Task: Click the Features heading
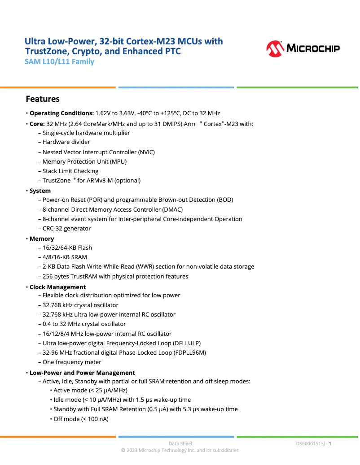point(43,99)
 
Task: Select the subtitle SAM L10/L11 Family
point(59,62)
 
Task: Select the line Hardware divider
point(66,142)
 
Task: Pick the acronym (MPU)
point(118,161)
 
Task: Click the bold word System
point(40,191)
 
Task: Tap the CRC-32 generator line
point(67,228)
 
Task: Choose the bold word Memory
point(42,239)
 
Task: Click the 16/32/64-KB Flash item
point(67,248)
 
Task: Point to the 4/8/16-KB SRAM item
point(65,257)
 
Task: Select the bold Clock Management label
point(57,287)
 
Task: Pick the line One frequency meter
point(72,362)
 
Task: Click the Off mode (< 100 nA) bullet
point(81,419)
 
